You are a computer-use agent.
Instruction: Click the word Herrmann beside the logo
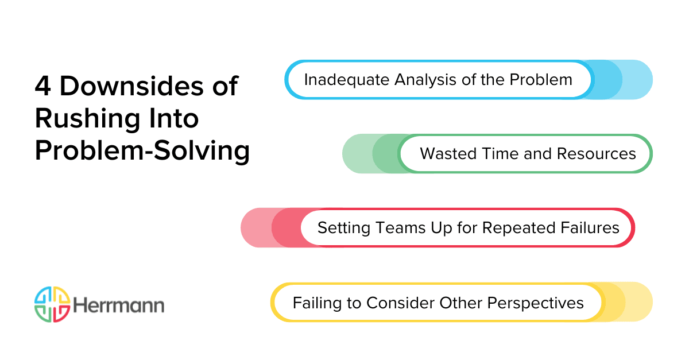(x=118, y=305)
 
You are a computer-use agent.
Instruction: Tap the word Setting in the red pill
(x=344, y=227)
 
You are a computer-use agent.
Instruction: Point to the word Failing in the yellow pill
(x=316, y=302)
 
